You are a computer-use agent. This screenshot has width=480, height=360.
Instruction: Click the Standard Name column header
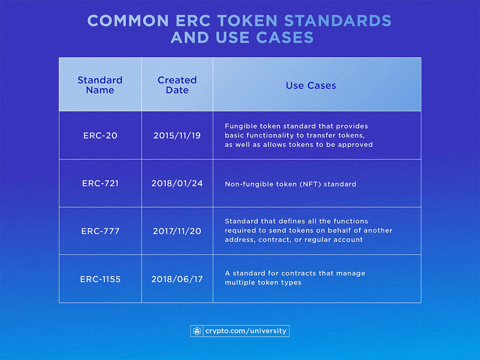tap(100, 85)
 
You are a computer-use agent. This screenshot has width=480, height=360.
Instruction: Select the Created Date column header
tap(177, 85)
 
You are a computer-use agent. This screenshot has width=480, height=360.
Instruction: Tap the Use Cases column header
tap(311, 85)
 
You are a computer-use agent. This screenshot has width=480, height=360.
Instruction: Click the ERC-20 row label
tap(100, 136)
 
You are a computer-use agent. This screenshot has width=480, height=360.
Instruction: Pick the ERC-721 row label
tap(100, 184)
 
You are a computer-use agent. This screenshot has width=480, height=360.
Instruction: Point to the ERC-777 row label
tap(100, 231)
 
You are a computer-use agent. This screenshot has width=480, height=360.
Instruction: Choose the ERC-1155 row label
tap(100, 279)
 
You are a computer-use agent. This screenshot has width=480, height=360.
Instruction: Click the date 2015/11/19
tap(177, 136)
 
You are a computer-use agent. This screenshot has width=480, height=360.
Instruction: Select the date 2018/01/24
tap(177, 184)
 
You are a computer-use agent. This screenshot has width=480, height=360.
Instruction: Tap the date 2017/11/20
tap(177, 231)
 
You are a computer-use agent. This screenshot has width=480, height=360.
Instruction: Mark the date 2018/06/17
tap(177, 279)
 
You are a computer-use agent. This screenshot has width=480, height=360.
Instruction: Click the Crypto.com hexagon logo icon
tap(197, 331)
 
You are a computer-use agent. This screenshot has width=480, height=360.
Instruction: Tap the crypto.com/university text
tap(246, 331)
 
